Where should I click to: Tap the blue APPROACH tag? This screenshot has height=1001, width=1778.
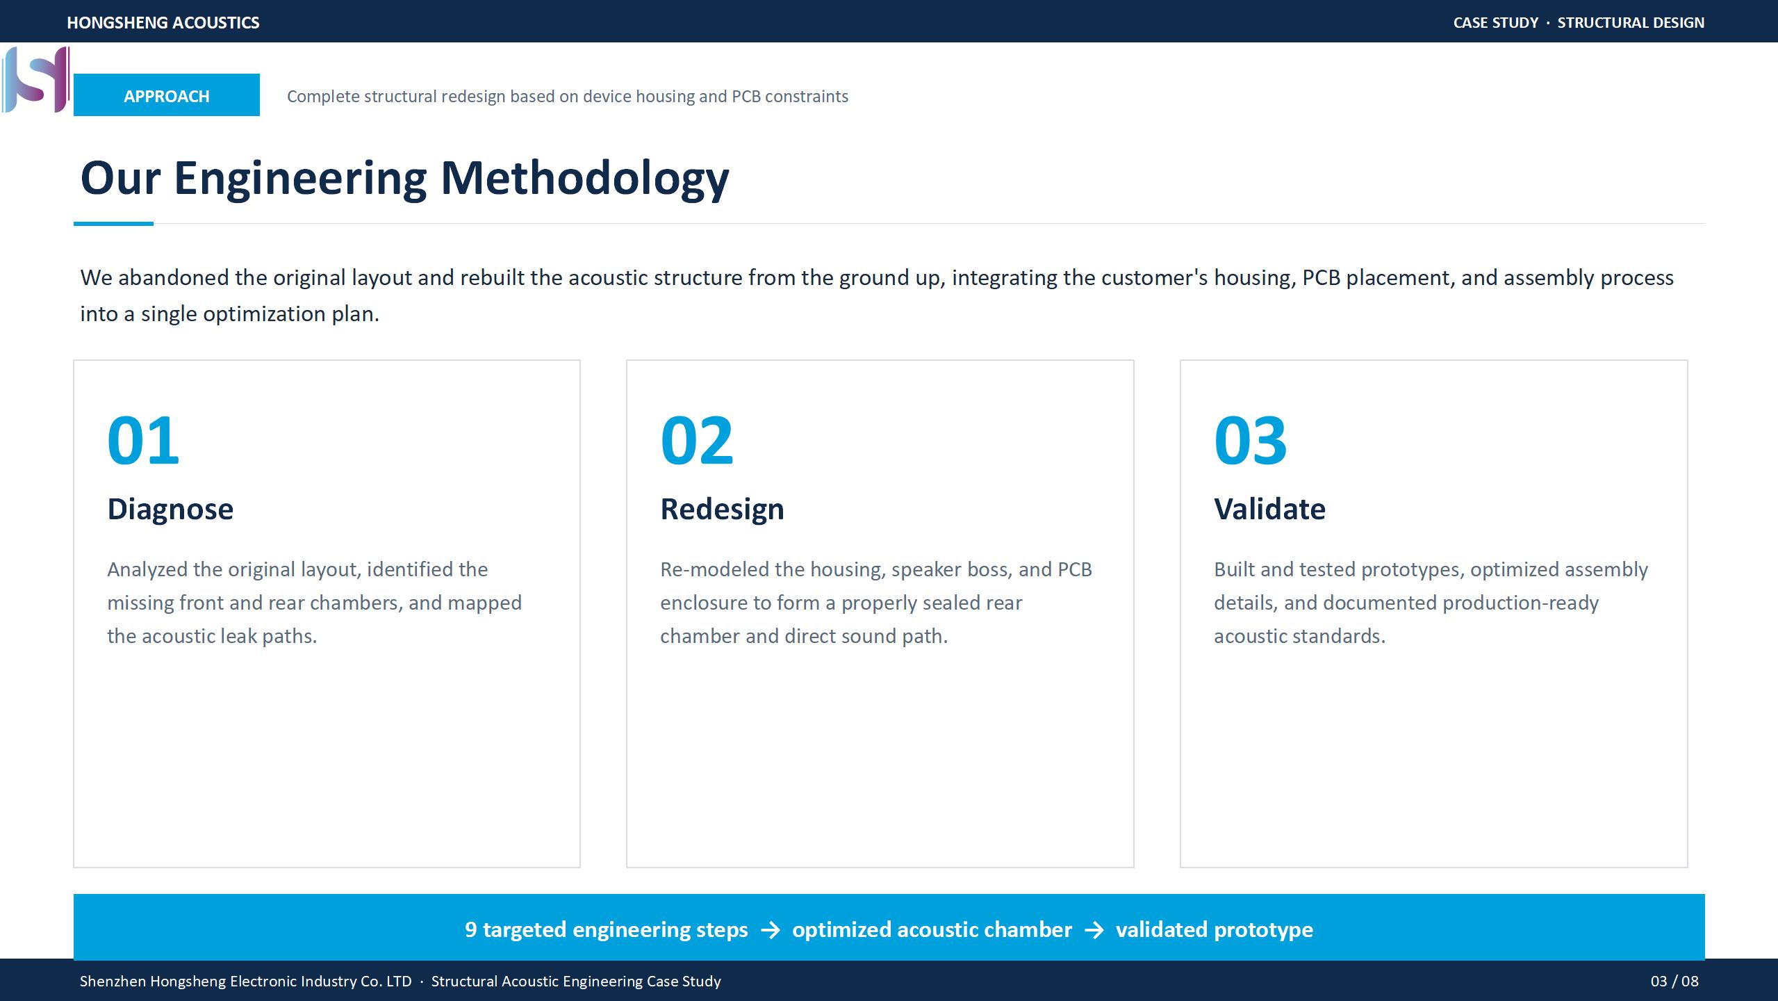tap(167, 95)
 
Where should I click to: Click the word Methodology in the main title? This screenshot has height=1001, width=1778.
tap(585, 179)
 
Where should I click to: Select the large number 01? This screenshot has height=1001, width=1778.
tap(143, 440)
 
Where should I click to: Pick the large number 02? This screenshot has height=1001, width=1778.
tap(697, 440)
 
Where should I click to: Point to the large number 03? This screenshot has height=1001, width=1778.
tap(1251, 440)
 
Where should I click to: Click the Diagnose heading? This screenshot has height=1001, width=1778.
tap(170, 510)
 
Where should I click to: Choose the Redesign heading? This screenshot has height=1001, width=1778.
tap(722, 510)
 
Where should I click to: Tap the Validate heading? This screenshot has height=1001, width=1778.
tap(1269, 509)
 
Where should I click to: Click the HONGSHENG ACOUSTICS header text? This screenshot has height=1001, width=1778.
tap(163, 22)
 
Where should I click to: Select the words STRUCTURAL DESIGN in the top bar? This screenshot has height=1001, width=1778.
tap(1631, 22)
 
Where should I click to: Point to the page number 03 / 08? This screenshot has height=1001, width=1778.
tap(1674, 981)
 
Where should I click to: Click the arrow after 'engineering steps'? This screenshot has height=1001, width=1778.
tap(770, 930)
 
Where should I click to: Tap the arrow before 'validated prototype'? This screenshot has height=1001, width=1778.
tap(1094, 930)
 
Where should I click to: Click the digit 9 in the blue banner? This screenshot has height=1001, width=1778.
tap(470, 929)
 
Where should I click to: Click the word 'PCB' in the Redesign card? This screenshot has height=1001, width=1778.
tap(1075, 569)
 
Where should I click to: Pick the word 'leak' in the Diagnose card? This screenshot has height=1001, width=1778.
tap(238, 636)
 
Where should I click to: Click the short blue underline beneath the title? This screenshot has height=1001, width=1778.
tap(113, 224)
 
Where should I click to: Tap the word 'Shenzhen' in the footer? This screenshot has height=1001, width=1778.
tap(113, 981)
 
